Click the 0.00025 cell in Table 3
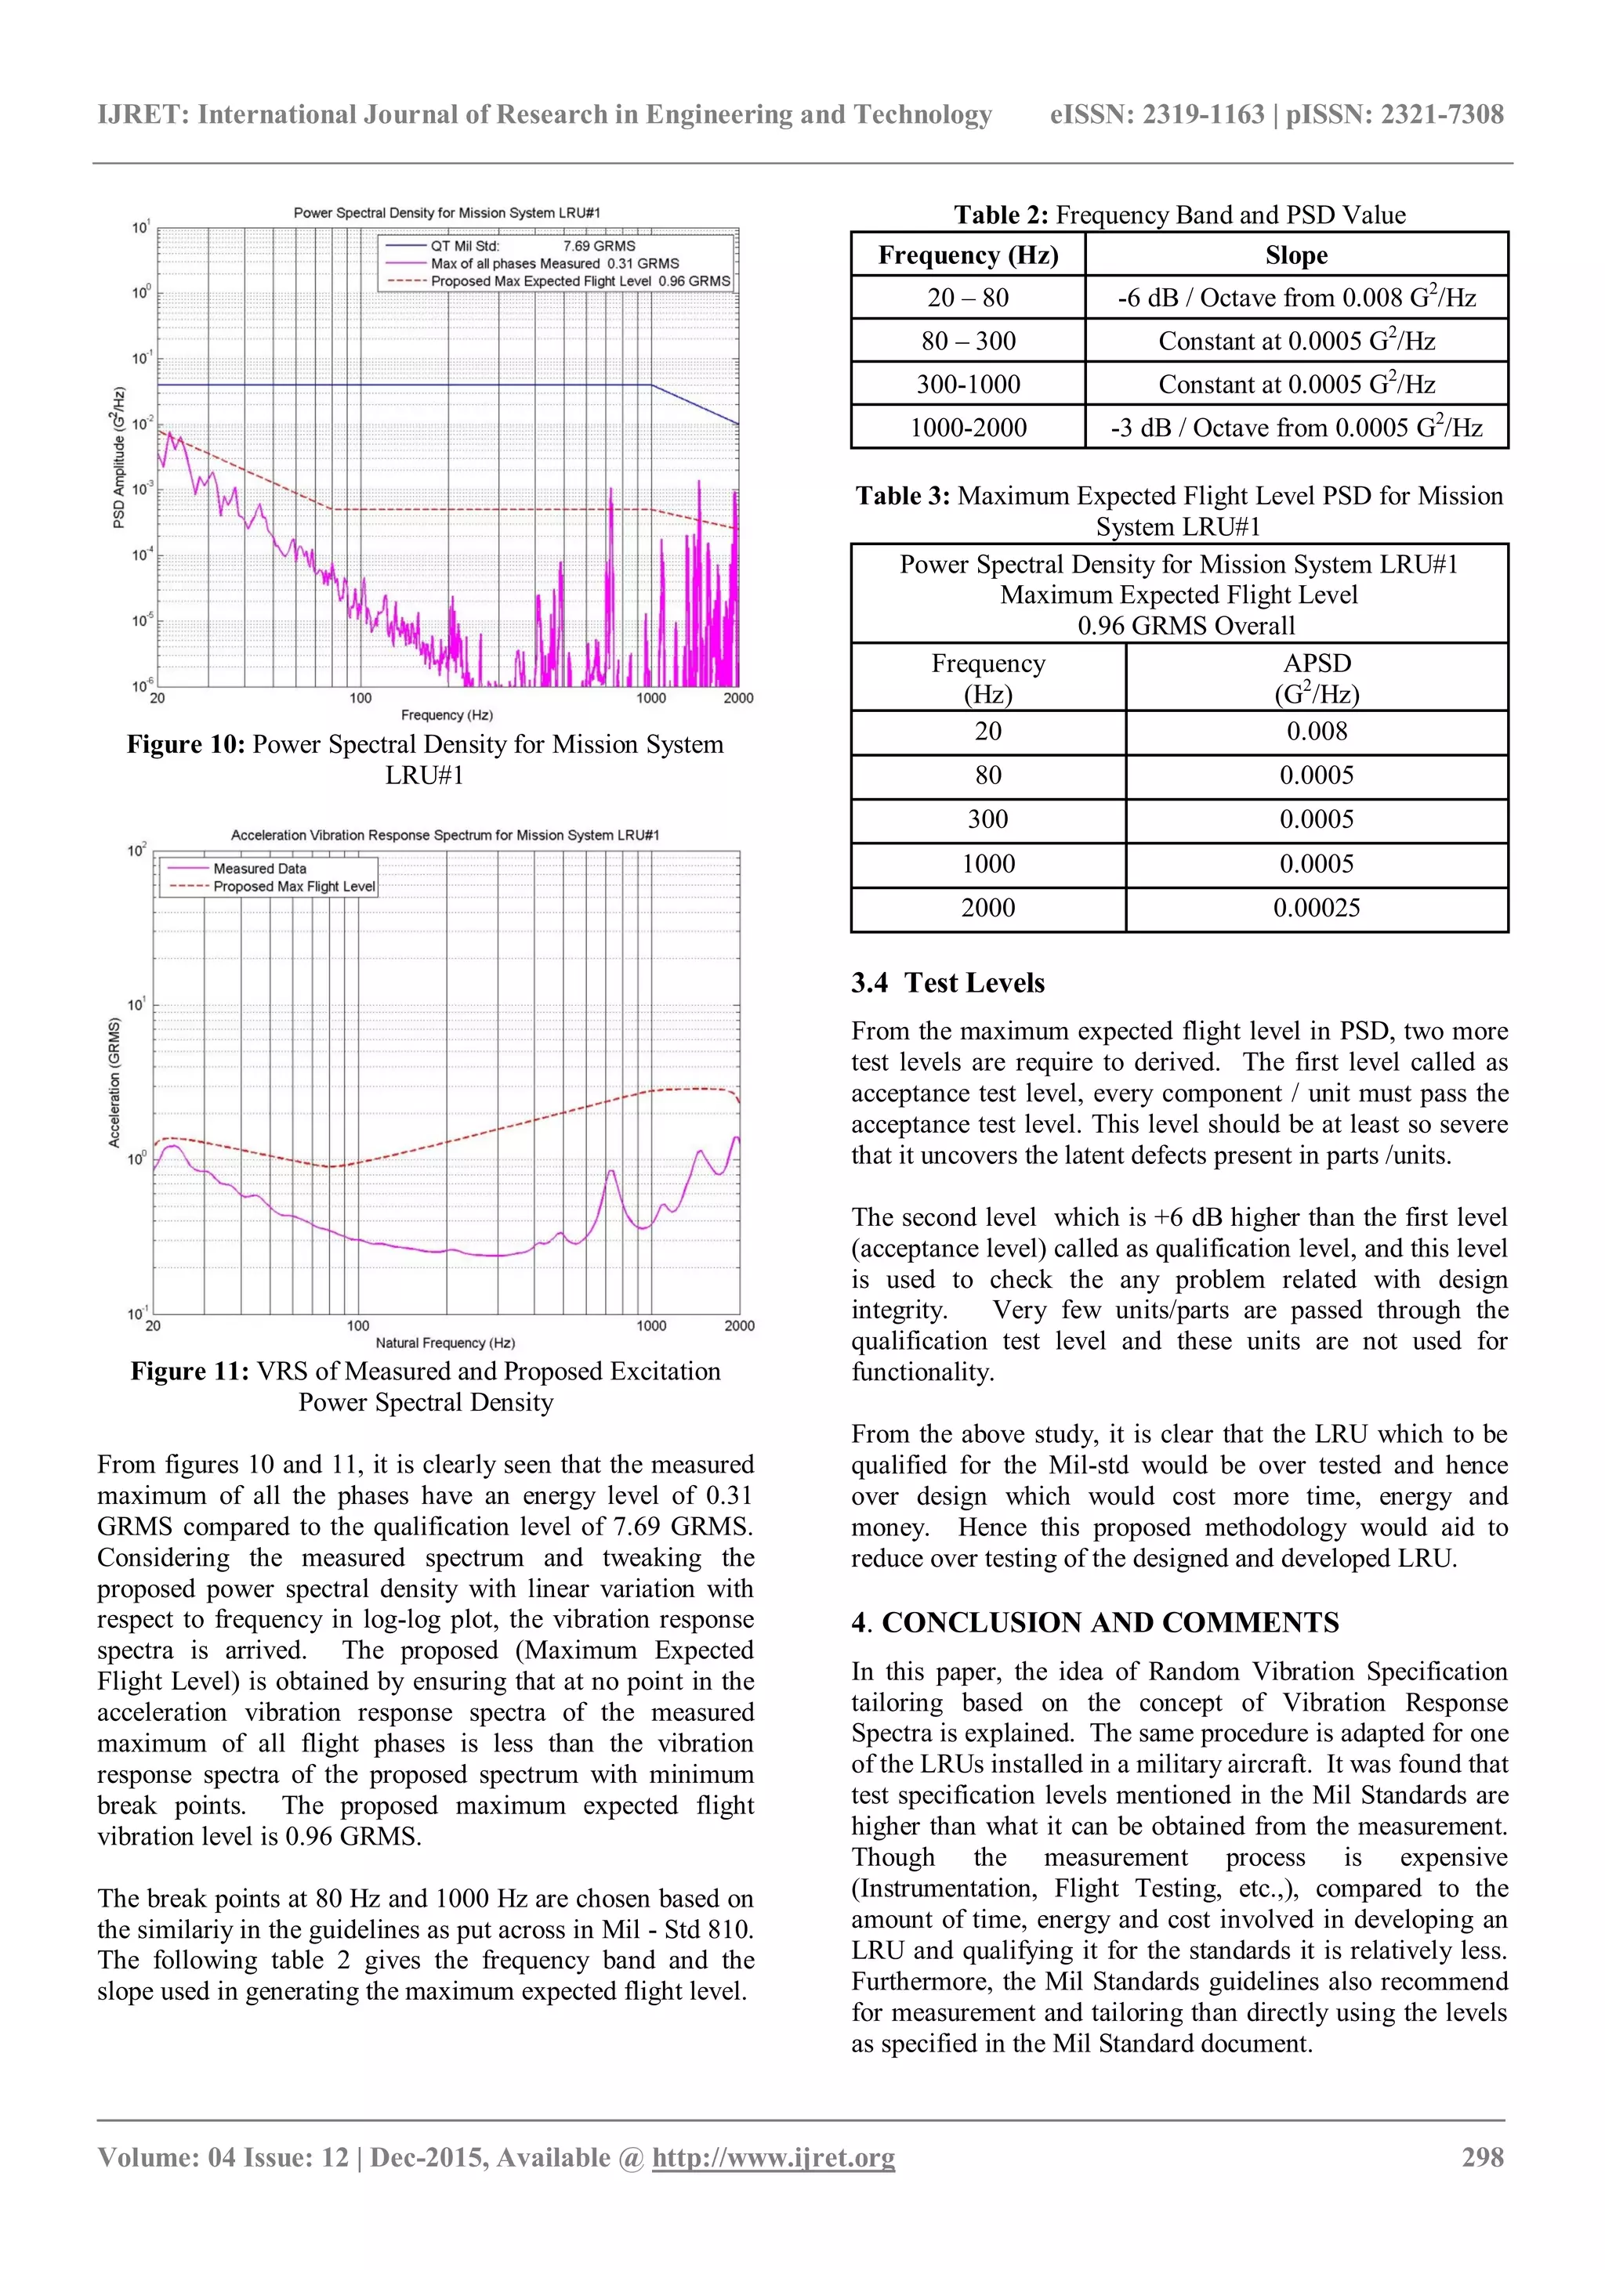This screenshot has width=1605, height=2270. [1317, 908]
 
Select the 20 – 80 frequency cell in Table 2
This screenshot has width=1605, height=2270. [967, 298]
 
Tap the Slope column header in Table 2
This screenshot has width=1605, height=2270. [1295, 255]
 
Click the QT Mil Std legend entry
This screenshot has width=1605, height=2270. [465, 246]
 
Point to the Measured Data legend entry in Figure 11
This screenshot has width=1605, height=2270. [259, 868]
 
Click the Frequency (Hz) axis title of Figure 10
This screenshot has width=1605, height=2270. [447, 715]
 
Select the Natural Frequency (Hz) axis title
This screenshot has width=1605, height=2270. [445, 1343]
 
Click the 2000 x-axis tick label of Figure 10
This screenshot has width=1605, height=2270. [737, 698]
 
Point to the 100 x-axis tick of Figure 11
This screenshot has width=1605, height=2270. [358, 1326]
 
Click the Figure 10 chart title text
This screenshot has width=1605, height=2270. [447, 212]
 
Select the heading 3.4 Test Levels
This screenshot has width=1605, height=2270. [947, 983]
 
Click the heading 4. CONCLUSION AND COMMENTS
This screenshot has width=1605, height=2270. [1095, 1622]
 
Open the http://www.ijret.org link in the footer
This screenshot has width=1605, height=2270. [774, 2157]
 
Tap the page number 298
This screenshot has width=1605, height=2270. [1483, 2157]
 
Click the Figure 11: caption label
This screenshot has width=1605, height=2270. [190, 1372]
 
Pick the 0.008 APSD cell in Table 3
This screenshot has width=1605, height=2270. [1317, 732]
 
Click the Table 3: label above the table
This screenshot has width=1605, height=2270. [902, 497]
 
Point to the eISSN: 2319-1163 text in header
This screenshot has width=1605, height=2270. [1156, 114]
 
